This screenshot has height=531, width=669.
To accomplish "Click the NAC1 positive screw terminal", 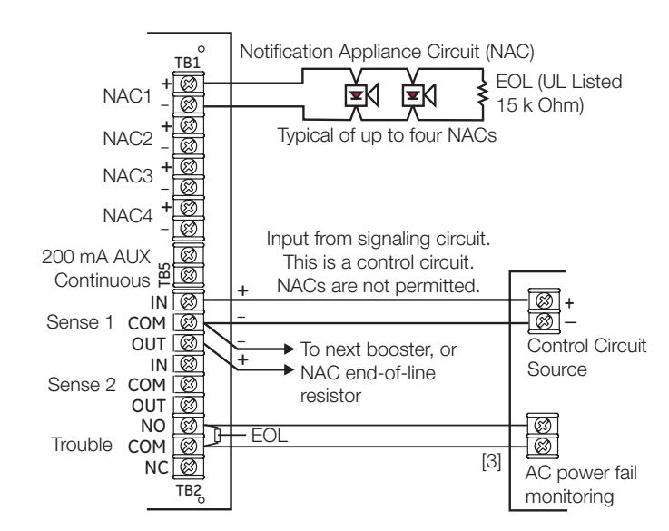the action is coord(189,84).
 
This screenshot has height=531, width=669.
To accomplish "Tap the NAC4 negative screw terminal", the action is coord(189,229).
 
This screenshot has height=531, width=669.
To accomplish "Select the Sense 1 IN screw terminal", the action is coord(189,301).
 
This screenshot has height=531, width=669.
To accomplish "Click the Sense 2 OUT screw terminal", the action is coord(189,405).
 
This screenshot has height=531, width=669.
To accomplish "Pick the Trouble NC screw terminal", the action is coord(189,467).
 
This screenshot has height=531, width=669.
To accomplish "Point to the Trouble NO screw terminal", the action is coord(189,425).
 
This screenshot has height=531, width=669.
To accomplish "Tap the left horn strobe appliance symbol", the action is coord(361,94).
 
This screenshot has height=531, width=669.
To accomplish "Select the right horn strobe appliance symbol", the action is coord(418,94).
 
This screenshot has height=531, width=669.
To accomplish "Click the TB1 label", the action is coord(187,63).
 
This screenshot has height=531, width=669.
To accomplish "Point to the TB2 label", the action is coord(188,490).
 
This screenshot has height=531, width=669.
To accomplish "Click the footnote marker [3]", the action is coord(491,461).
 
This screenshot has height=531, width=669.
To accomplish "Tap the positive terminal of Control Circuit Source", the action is coord(544,300).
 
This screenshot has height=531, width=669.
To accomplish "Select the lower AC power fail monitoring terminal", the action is coord(542,447).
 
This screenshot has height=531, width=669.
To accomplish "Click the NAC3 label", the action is coord(128,176).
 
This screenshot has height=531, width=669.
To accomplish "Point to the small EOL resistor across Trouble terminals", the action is coord(217,436).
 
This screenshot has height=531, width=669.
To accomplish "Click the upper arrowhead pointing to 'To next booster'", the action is coord(289,349).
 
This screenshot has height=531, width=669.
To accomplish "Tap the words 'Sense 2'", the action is coord(82,384).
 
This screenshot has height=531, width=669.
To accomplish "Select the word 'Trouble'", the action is coord(82,445).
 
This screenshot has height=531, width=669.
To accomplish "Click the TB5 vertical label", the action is coord(164,274).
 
